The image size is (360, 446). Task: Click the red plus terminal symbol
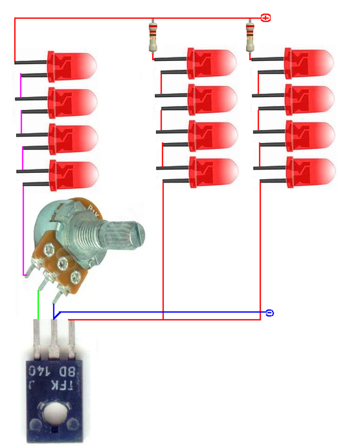tap(266, 18)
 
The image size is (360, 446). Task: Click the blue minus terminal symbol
tap(269, 313)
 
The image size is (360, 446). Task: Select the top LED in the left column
tap(72, 66)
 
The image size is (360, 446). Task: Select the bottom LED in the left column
tap(74, 175)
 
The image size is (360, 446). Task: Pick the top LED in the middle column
tap(212, 63)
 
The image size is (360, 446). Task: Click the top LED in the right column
tap(309, 63)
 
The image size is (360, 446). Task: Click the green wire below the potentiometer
tap(38, 305)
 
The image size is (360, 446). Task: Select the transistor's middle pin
tap(54, 338)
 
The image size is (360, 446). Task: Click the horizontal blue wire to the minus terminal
tap(166, 312)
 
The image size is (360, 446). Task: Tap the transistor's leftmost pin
tap(37, 338)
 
